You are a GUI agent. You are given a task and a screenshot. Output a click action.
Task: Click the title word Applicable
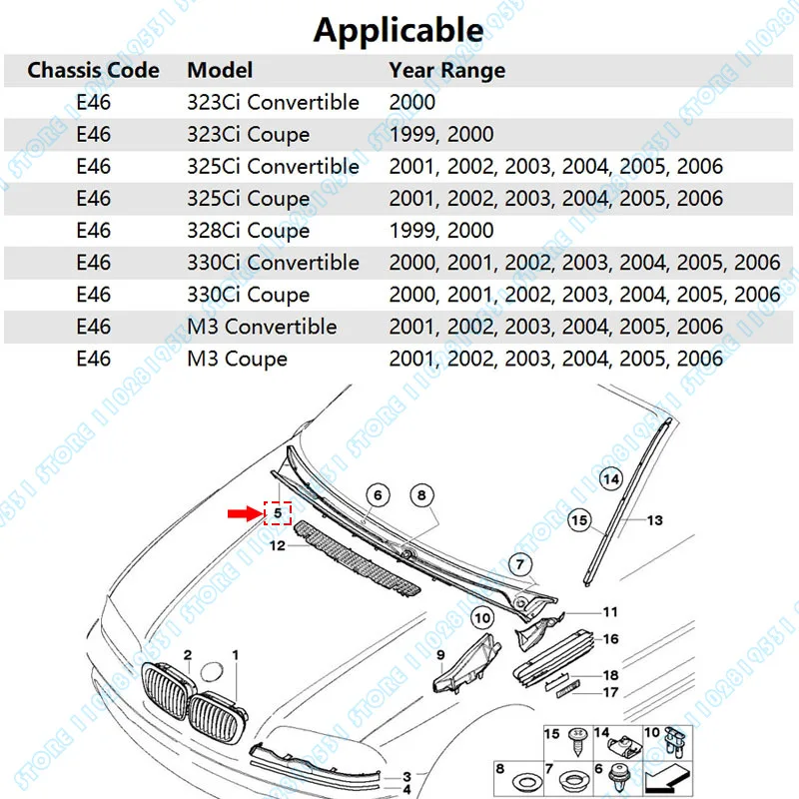point(399,29)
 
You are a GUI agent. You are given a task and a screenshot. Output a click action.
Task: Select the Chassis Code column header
point(93,70)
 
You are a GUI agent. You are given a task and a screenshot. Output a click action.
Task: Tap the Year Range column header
point(446,70)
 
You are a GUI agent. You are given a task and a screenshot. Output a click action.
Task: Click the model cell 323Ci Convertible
point(273,102)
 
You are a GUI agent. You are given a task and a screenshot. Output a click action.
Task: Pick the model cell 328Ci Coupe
point(249,231)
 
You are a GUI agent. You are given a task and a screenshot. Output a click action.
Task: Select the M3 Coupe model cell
point(237,359)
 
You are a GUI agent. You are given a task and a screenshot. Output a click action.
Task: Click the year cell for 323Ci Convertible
point(411,102)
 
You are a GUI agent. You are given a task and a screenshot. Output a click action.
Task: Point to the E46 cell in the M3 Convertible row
point(93,327)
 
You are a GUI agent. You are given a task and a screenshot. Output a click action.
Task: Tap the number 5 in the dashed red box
point(276,513)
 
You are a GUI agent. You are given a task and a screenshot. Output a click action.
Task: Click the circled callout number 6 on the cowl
point(376,493)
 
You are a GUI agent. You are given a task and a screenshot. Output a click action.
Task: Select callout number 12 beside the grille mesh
point(277,545)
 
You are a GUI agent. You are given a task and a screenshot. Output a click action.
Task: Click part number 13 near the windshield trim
point(655,520)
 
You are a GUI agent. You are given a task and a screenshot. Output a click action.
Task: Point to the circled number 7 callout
point(518,564)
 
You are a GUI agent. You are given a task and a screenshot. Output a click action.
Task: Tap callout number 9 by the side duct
point(439,654)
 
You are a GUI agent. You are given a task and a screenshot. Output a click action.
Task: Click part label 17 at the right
point(610,692)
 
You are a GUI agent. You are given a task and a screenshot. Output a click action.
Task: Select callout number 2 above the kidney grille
point(187,654)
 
